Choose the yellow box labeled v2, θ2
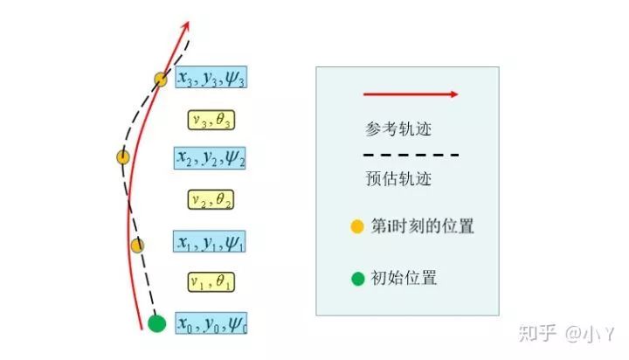pos(211,199)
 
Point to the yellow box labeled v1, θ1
pos(211,281)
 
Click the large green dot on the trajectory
pos(156,324)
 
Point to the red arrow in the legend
pos(411,93)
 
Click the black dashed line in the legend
pos(411,156)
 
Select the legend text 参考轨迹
pos(398,129)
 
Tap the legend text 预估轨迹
pos(398,179)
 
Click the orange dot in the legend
pos(357,227)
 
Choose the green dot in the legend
pos(357,279)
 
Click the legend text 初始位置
pos(404,279)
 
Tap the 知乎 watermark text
pos(537,333)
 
